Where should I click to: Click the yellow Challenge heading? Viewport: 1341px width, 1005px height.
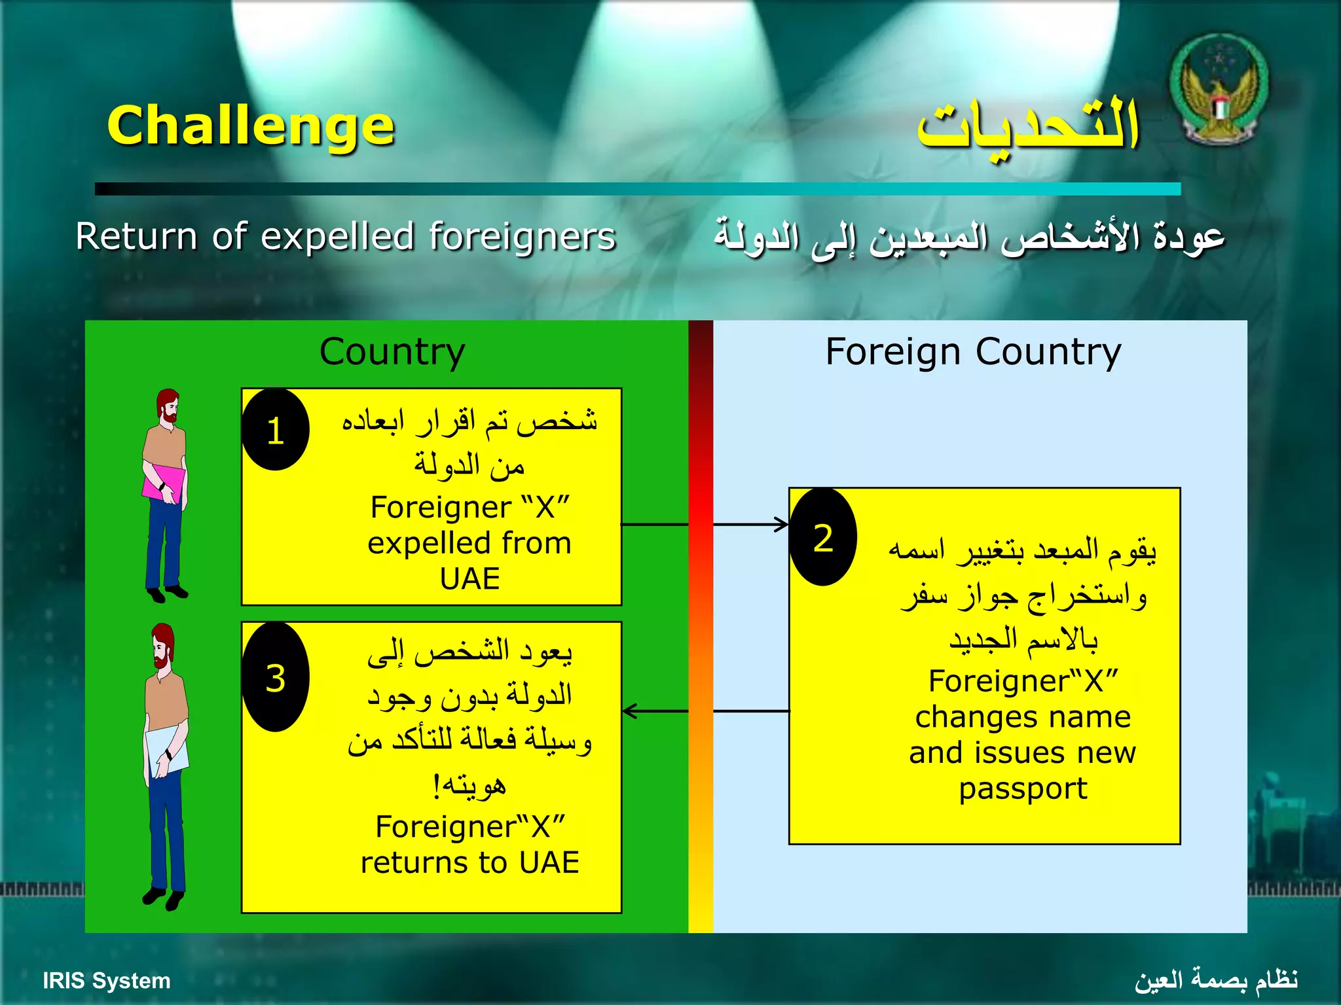point(251,126)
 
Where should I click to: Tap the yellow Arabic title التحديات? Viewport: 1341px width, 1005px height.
point(1028,126)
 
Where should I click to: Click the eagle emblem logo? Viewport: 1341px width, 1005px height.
point(1219,90)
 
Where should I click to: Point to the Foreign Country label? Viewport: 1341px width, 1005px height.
point(973,352)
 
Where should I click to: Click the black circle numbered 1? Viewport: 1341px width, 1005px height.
point(275,430)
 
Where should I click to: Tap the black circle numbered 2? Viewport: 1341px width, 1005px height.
point(823,537)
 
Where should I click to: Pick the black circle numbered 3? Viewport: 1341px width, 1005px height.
point(275,677)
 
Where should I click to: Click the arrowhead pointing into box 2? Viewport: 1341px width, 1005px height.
point(782,524)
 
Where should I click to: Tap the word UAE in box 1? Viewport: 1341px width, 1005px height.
point(469,579)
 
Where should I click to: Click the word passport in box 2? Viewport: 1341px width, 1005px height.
point(1023,789)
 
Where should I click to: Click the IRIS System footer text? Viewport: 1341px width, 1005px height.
point(106,981)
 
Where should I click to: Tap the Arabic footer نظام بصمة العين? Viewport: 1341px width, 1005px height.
point(1216,980)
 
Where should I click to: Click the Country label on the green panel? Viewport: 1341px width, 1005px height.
point(392,352)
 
